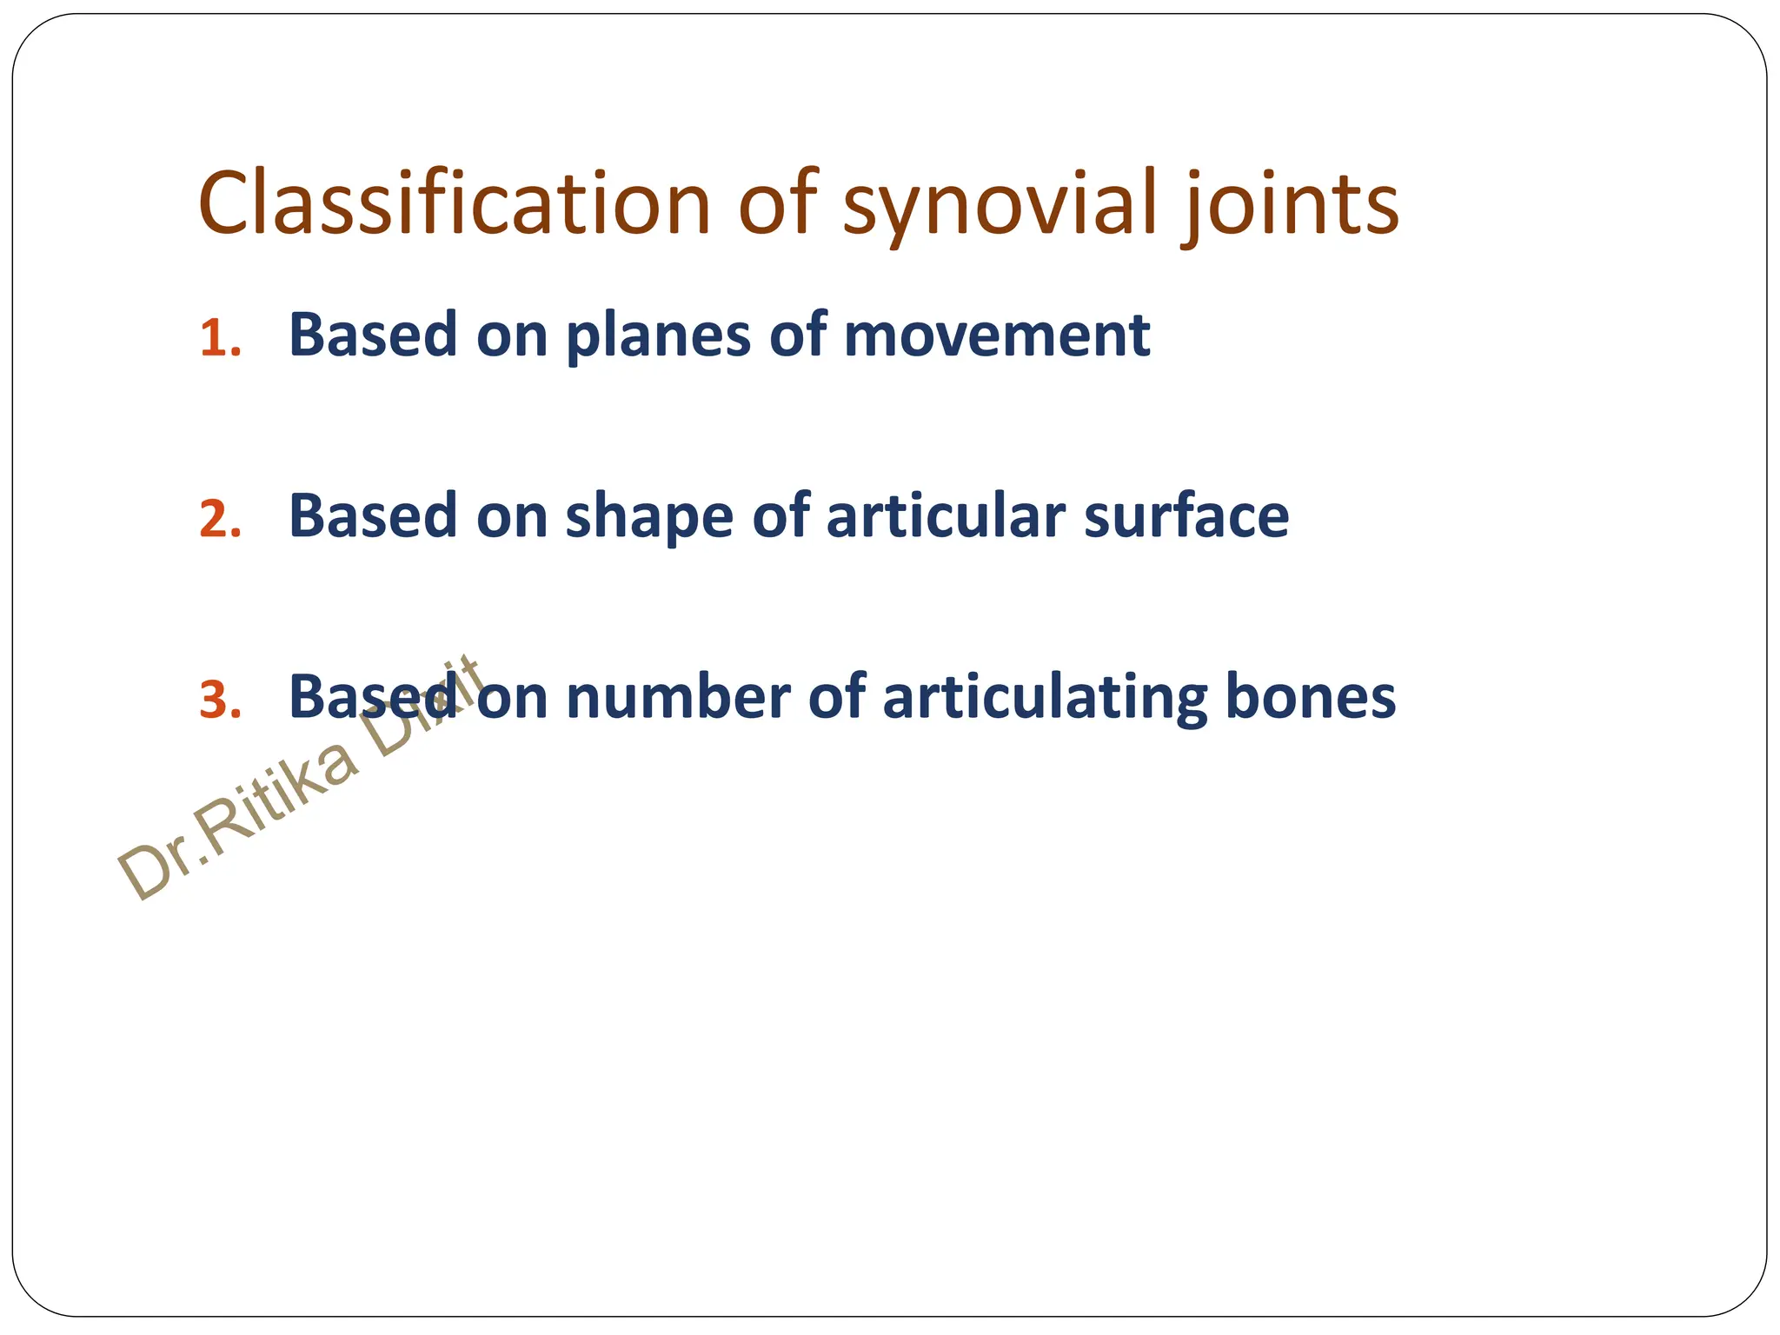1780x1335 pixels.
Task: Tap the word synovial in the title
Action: [1000, 204]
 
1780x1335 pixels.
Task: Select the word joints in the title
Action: [1290, 204]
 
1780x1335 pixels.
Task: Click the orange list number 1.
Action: [218, 338]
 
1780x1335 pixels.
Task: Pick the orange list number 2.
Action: [219, 520]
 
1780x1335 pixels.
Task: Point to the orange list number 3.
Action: [219, 701]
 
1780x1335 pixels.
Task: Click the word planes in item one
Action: [658, 337]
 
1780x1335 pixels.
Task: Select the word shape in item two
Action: [649, 518]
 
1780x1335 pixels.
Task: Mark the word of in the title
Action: [779, 204]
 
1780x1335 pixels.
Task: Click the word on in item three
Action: [512, 699]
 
